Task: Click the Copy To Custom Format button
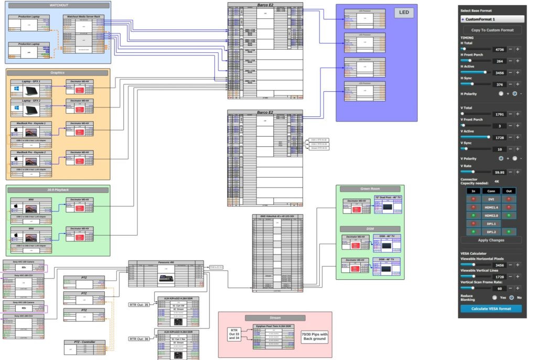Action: [492, 30]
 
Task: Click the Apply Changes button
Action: [492, 240]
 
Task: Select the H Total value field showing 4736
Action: [499, 49]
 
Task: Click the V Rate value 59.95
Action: [499, 172]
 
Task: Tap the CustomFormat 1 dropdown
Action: [492, 19]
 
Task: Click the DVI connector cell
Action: [491, 199]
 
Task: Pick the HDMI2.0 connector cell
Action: [491, 215]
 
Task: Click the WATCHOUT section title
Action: [59, 5]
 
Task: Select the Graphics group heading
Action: [58, 73]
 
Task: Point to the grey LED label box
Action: [404, 13]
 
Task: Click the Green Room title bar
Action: [370, 189]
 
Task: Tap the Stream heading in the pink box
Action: [275, 318]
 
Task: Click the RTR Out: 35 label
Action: [139, 304]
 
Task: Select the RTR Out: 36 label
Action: [139, 339]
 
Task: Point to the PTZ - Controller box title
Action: [84, 342]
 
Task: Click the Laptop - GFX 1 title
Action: [31, 82]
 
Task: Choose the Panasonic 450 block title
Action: [166, 263]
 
